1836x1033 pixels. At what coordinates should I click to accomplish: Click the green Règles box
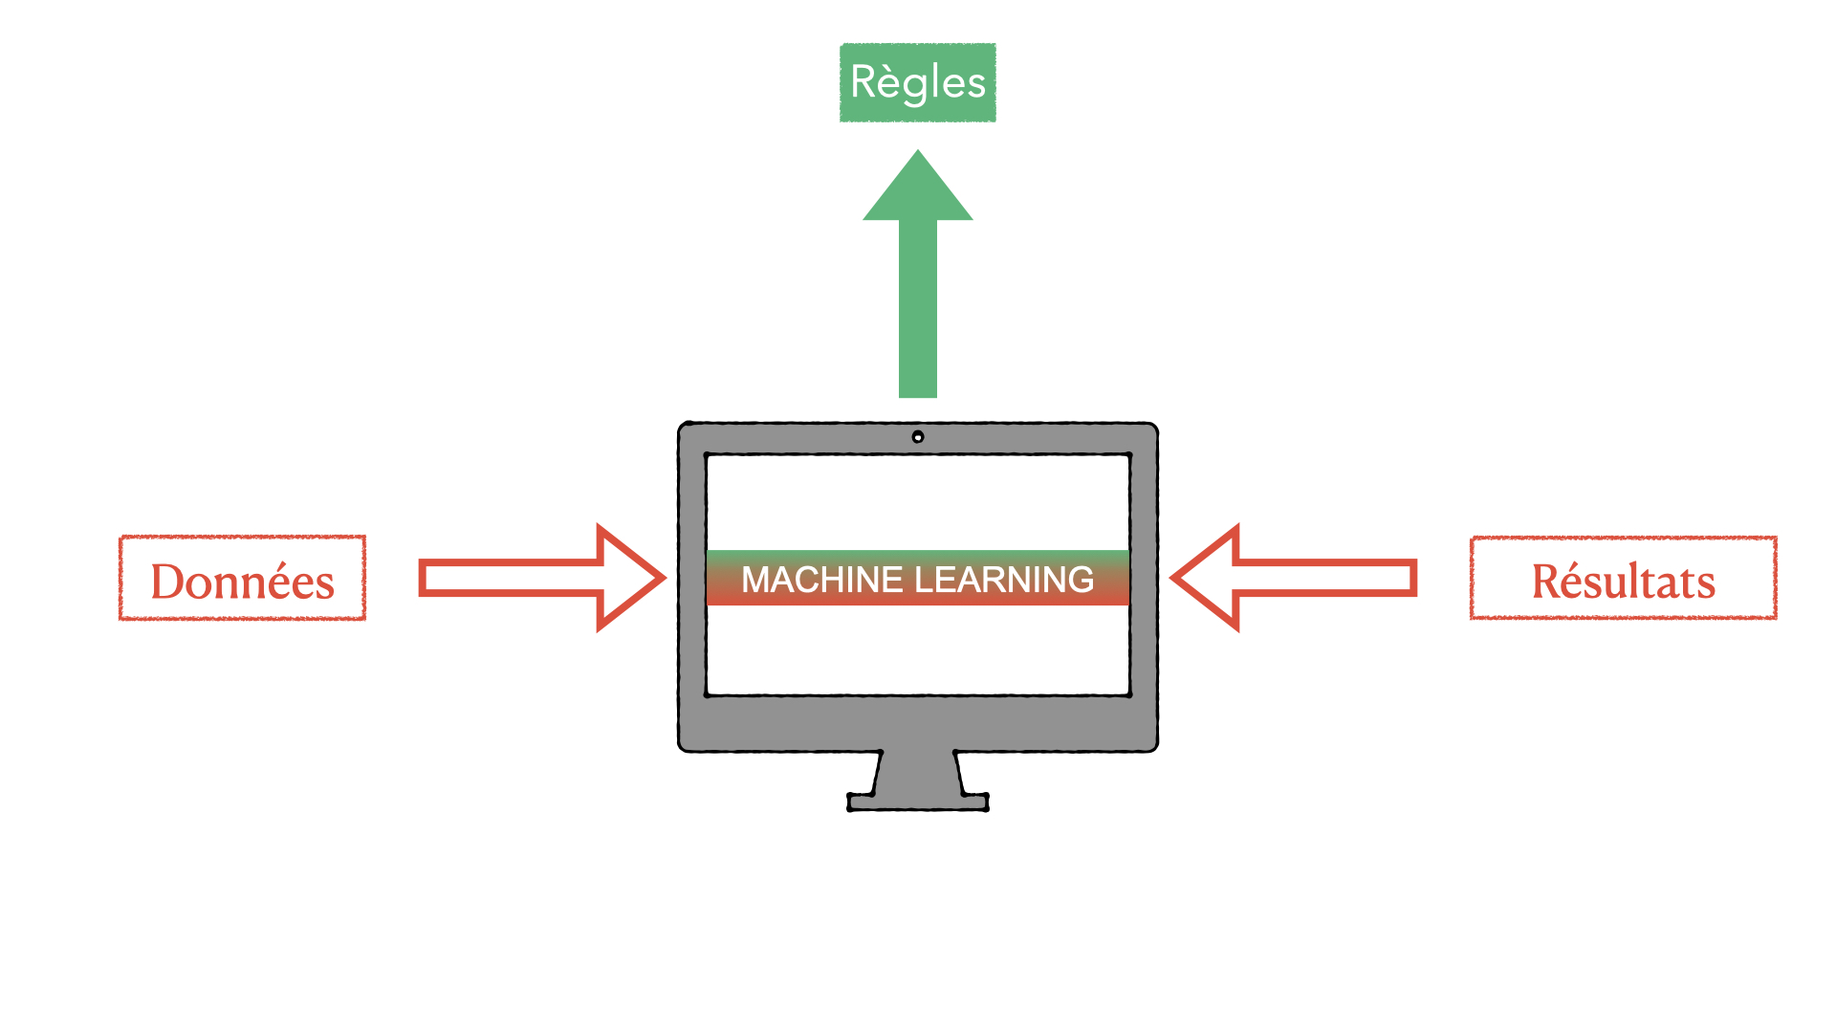[x=918, y=82]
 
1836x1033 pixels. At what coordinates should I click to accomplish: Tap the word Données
[x=243, y=582]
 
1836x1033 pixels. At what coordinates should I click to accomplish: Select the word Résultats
[x=1623, y=581]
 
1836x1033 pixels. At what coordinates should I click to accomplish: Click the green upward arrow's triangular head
[x=918, y=191]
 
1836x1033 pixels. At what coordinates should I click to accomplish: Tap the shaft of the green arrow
[x=918, y=316]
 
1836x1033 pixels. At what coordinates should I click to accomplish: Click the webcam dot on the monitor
[x=918, y=437]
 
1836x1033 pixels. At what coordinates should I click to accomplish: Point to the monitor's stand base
[x=918, y=802]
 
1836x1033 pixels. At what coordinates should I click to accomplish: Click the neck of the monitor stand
[x=918, y=770]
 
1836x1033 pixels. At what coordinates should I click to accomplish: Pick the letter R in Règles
[x=864, y=82]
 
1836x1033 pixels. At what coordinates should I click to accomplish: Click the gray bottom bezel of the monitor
[x=918, y=723]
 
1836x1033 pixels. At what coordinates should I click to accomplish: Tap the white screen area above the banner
[x=918, y=502]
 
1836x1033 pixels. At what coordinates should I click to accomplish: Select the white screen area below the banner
[x=918, y=650]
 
